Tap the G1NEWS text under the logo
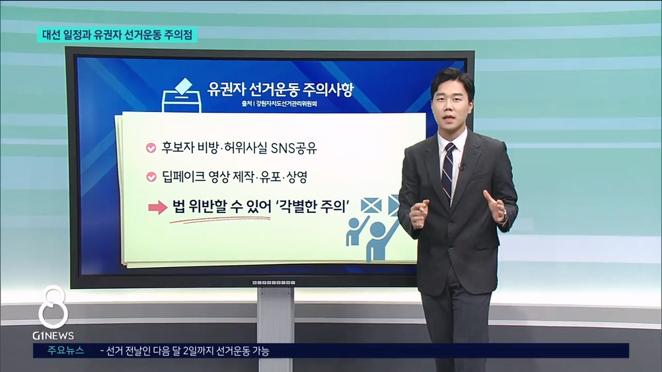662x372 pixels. pyautogui.click(x=54, y=336)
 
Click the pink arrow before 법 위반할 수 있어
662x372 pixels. pyautogui.click(x=158, y=207)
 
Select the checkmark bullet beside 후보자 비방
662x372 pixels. pyautogui.click(x=151, y=148)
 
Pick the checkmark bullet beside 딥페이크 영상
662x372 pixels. pyautogui.click(x=151, y=177)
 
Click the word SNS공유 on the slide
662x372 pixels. pyautogui.click(x=294, y=148)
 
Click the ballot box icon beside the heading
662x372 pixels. pyautogui.click(x=182, y=96)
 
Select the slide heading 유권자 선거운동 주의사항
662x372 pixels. pyautogui.click(x=280, y=88)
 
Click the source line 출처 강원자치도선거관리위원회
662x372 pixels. pyautogui.click(x=279, y=104)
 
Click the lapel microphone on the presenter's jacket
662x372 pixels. pyautogui.click(x=462, y=167)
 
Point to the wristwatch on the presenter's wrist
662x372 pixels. pyautogui.click(x=505, y=216)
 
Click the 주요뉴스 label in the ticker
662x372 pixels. pyautogui.click(x=65, y=350)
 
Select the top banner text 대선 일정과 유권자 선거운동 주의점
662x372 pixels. pyautogui.click(x=117, y=34)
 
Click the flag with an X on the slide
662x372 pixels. pyautogui.click(x=371, y=206)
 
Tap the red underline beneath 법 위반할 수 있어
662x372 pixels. pyautogui.click(x=219, y=219)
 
